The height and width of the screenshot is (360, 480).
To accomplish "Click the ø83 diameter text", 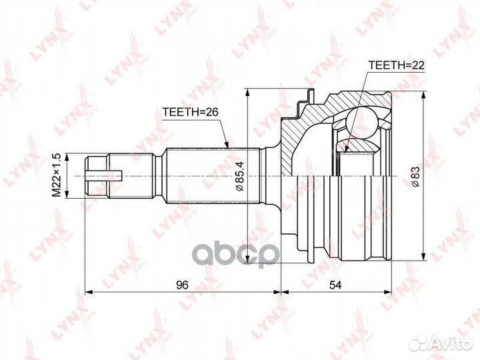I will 415,175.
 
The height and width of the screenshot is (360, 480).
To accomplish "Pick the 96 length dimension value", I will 183,285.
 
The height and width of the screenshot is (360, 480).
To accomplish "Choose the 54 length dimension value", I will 336,285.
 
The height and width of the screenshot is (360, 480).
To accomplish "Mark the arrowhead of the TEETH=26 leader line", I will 227,145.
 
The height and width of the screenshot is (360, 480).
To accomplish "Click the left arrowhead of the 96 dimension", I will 89,292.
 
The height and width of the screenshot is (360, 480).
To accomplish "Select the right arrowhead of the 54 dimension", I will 389,292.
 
